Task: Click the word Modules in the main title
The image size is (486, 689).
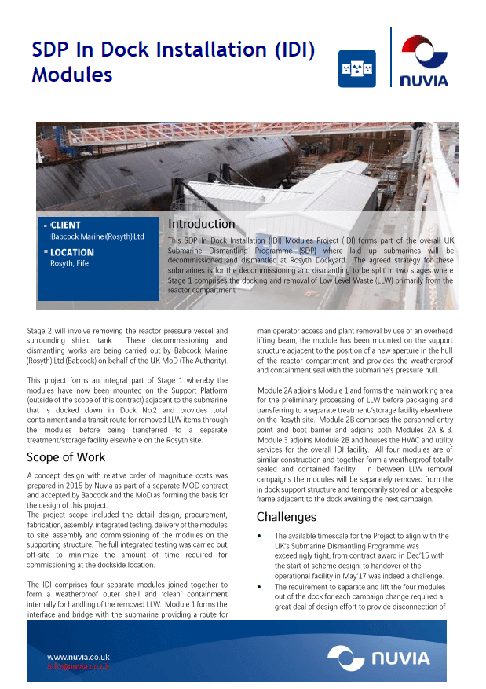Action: [x=72, y=75]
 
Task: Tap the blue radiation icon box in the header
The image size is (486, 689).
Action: [x=356, y=69]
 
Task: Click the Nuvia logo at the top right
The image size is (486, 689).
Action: [x=424, y=59]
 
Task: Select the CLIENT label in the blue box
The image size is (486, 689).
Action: [x=65, y=225]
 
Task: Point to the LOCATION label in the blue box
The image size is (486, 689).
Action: [x=71, y=252]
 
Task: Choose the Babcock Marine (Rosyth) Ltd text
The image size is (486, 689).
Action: [x=97, y=236]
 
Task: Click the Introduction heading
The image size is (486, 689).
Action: [x=201, y=224]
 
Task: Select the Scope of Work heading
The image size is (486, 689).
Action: [x=66, y=457]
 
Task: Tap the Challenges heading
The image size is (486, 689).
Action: [x=287, y=517]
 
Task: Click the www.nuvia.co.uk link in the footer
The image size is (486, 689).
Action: [x=79, y=657]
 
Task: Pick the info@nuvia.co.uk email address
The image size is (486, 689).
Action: [x=79, y=666]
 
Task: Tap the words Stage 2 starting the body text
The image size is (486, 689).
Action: [x=41, y=332]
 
